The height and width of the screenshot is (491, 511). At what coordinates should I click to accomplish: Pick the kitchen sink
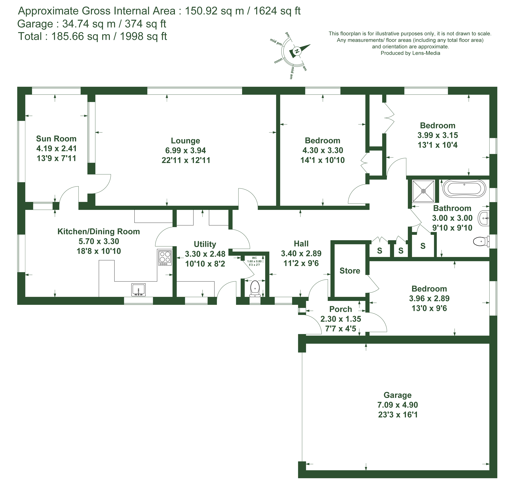(x=138, y=290)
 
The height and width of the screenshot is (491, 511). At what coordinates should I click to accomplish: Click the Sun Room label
(x=56, y=139)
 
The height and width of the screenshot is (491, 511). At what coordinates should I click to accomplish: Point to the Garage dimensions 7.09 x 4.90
(x=398, y=405)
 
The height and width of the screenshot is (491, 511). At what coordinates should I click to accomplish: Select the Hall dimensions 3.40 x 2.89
(x=301, y=253)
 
